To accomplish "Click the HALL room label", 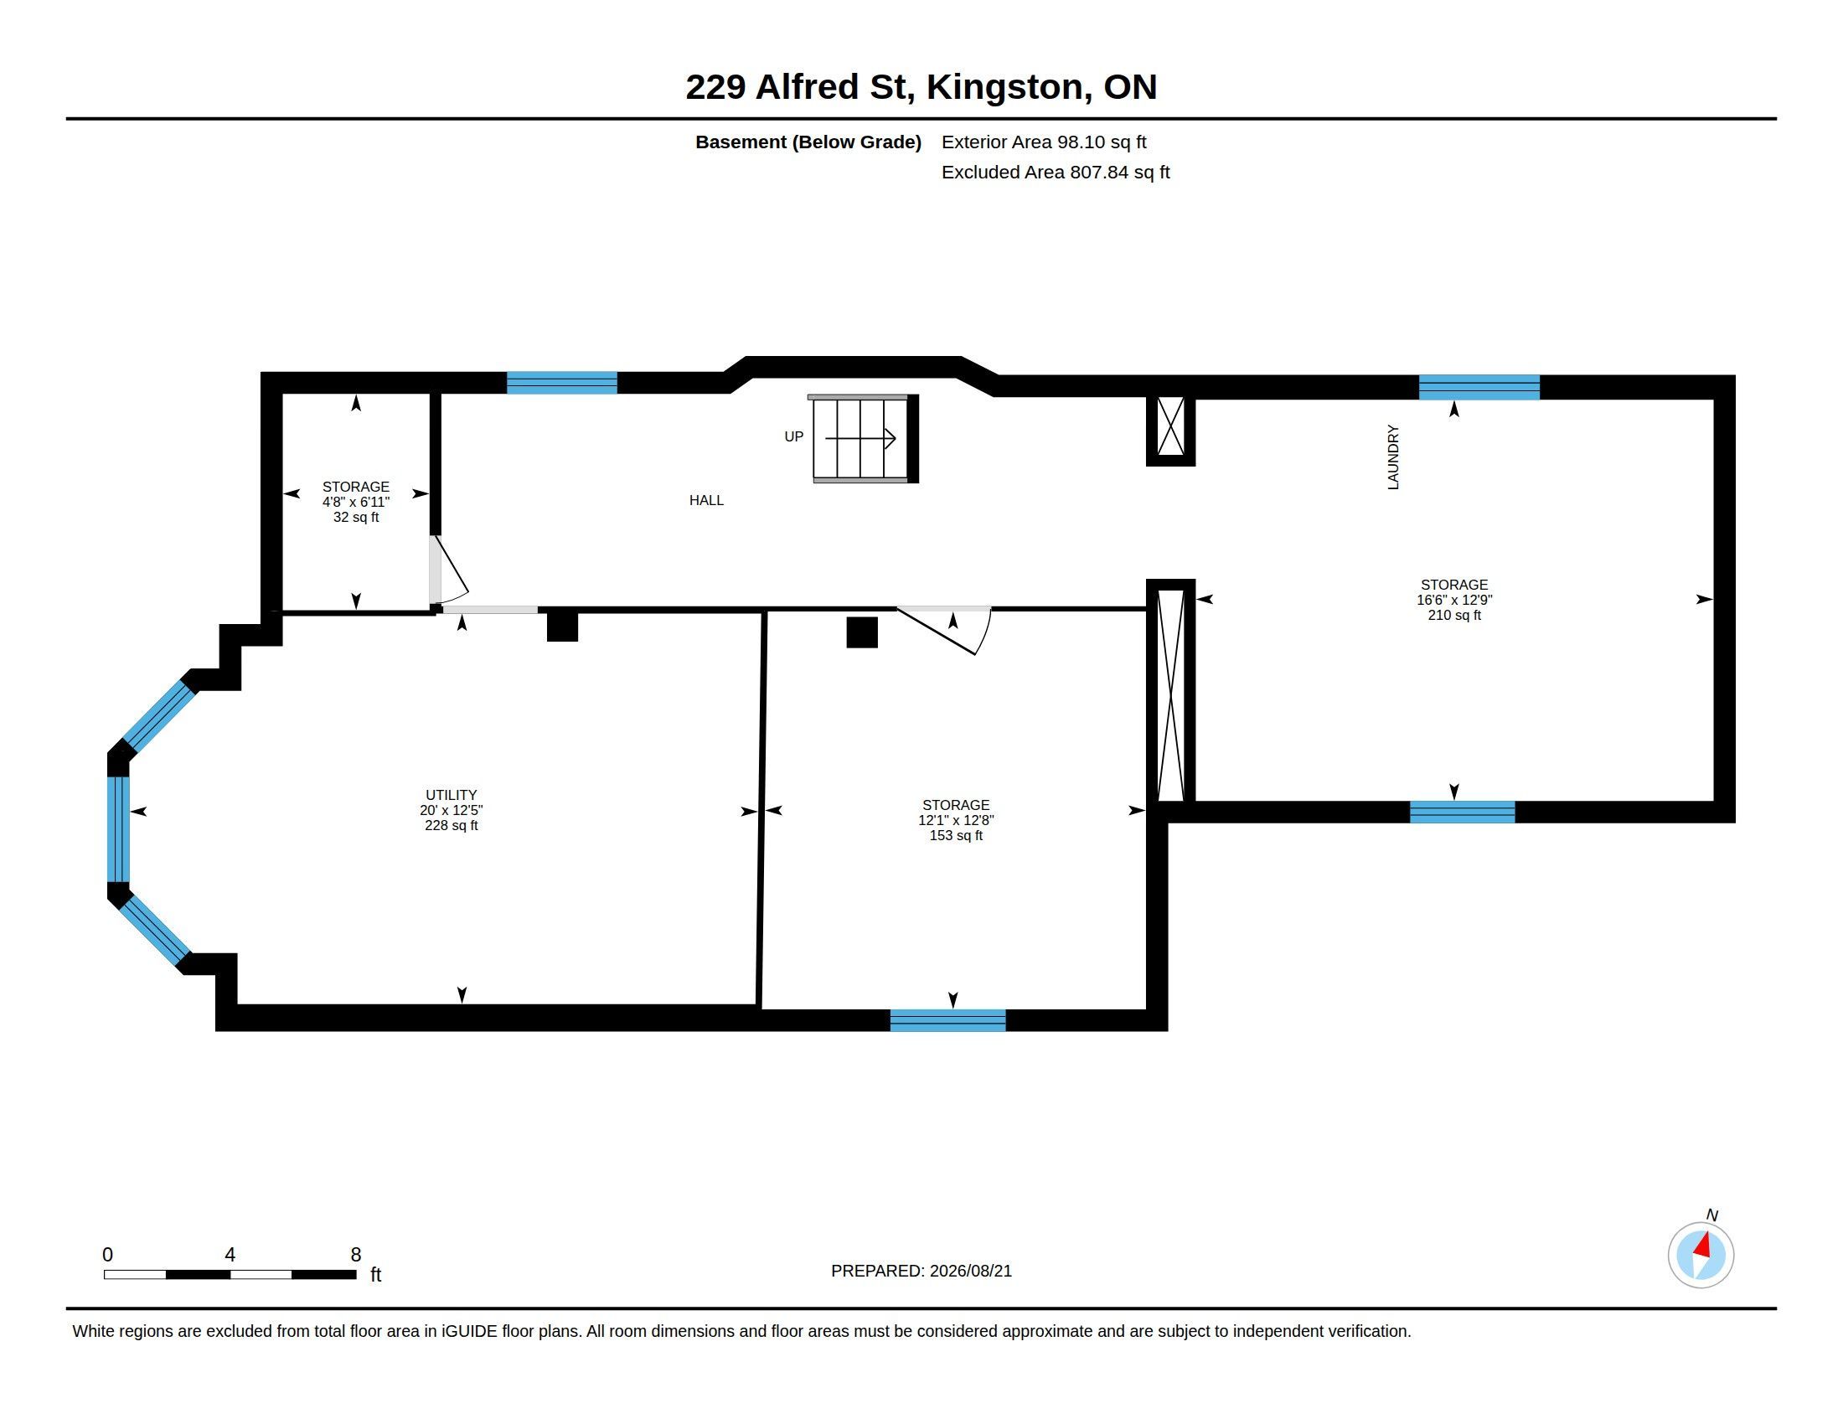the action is tap(706, 500).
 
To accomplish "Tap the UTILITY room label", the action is tap(452, 795).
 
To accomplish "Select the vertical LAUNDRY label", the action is tap(1393, 457).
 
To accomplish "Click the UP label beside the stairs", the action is tap(794, 436).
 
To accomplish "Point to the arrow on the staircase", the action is tap(860, 439).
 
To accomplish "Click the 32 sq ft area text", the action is tap(356, 517).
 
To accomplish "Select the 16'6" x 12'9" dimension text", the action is tap(1455, 600).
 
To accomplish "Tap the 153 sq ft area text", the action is tap(956, 835).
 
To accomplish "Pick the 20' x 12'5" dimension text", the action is tap(452, 810).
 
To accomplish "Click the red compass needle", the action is tap(1703, 1245).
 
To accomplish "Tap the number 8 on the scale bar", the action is tap(356, 1255).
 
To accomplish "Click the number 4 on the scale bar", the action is tap(230, 1255).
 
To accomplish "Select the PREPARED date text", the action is tap(921, 1271).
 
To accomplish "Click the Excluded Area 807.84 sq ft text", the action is tap(1056, 172).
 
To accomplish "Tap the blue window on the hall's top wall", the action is tap(562, 383).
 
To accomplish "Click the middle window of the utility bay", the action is tap(118, 829).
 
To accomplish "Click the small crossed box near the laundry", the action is tap(1170, 427).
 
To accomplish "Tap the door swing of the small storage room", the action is tap(449, 570).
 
